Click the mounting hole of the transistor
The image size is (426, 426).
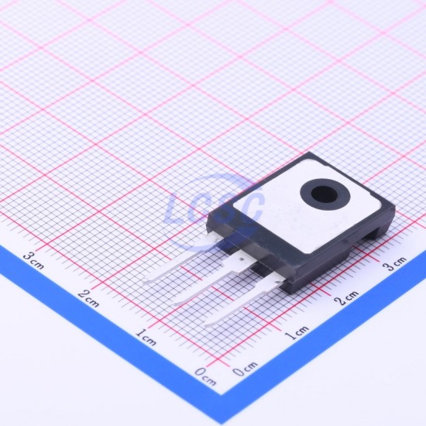coord(325,194)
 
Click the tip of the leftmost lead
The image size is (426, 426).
coord(144,282)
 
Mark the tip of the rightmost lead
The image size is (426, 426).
coord(205,324)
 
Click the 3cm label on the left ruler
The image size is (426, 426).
coord(33,260)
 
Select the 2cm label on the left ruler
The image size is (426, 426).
coord(88,298)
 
